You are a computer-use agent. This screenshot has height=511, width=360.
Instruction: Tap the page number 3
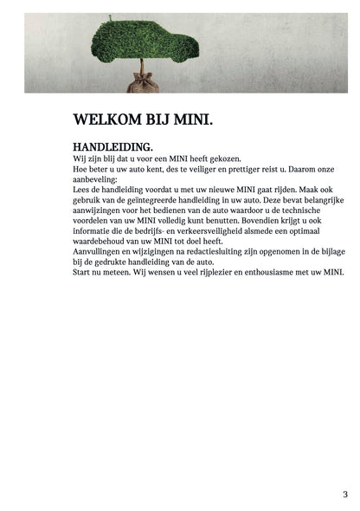345,494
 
